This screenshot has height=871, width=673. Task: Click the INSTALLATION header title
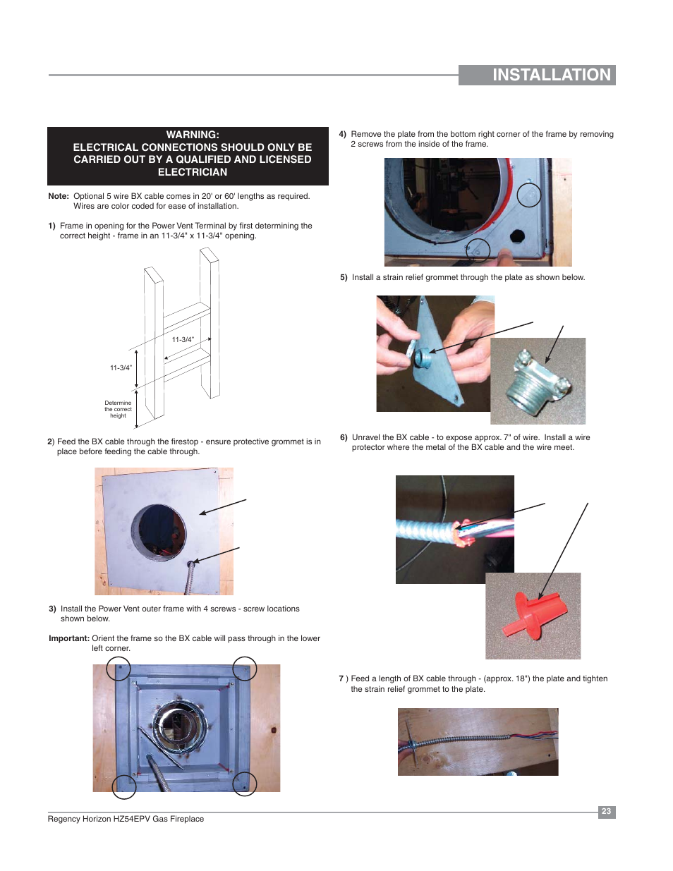551,75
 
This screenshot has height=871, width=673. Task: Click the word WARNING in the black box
193,135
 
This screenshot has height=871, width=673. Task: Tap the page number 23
606,811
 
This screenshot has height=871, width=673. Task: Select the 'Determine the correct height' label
118,409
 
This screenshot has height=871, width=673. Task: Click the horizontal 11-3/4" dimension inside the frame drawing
183,339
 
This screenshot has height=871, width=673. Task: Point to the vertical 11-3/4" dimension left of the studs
121,367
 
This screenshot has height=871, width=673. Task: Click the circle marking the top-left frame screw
119,669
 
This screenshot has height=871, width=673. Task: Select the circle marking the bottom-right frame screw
245,784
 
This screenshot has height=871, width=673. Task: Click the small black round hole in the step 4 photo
517,236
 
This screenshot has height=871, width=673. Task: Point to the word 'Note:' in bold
59,196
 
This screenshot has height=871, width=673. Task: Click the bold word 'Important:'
69,638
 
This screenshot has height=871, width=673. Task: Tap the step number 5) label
344,277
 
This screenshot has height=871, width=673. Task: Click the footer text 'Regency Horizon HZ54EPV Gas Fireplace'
126,819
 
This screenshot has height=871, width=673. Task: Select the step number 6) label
344,437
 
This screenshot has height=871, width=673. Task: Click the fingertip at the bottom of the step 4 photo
507,255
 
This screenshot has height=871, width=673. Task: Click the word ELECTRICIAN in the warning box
193,172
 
